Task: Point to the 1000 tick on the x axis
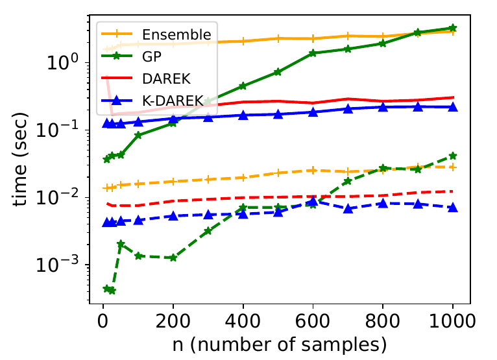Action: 452,319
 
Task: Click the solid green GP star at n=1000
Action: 453,29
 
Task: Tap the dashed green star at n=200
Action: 173,258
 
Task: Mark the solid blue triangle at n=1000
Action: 453,106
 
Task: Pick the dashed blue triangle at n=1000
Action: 453,207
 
